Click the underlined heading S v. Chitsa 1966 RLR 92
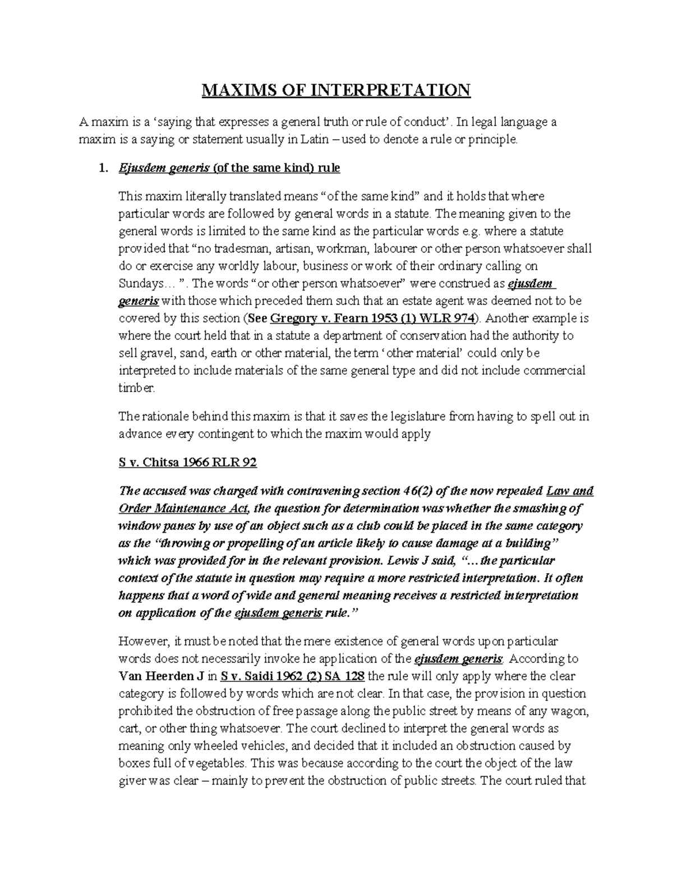tap(188, 463)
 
